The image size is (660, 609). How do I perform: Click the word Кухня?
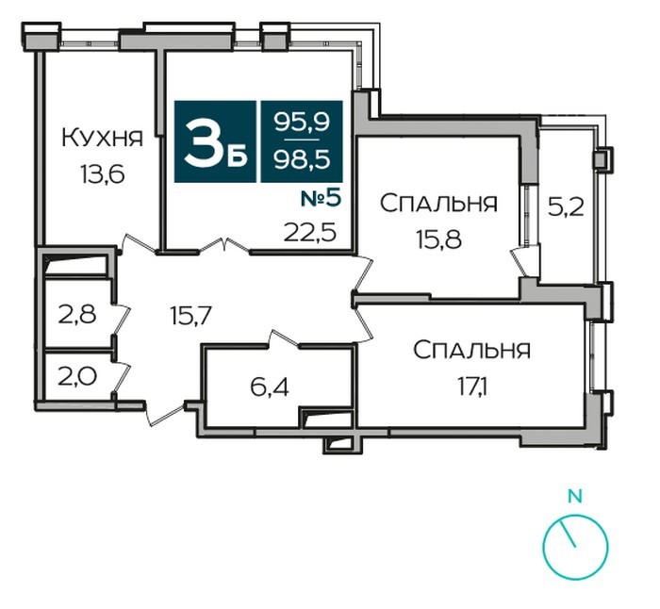(x=102, y=138)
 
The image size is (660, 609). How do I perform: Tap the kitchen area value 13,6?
(x=103, y=174)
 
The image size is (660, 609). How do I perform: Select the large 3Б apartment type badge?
(x=215, y=141)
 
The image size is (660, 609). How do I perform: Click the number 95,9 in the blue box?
(x=302, y=123)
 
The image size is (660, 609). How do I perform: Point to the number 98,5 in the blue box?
(x=302, y=159)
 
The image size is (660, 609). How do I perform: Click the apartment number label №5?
(x=321, y=199)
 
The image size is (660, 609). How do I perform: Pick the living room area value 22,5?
(x=310, y=232)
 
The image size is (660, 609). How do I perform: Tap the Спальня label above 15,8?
(x=438, y=203)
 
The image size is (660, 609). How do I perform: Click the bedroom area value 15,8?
(x=439, y=239)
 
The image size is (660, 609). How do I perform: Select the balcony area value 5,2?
(x=566, y=207)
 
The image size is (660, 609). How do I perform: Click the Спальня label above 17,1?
(x=471, y=350)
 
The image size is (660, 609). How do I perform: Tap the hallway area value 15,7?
(x=190, y=315)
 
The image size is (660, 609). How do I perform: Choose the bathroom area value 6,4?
(x=270, y=387)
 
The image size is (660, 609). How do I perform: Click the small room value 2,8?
(x=77, y=315)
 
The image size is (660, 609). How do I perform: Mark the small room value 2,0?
(x=77, y=376)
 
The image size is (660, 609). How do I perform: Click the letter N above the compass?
(x=575, y=496)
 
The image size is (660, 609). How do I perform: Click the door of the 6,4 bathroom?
(x=283, y=338)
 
